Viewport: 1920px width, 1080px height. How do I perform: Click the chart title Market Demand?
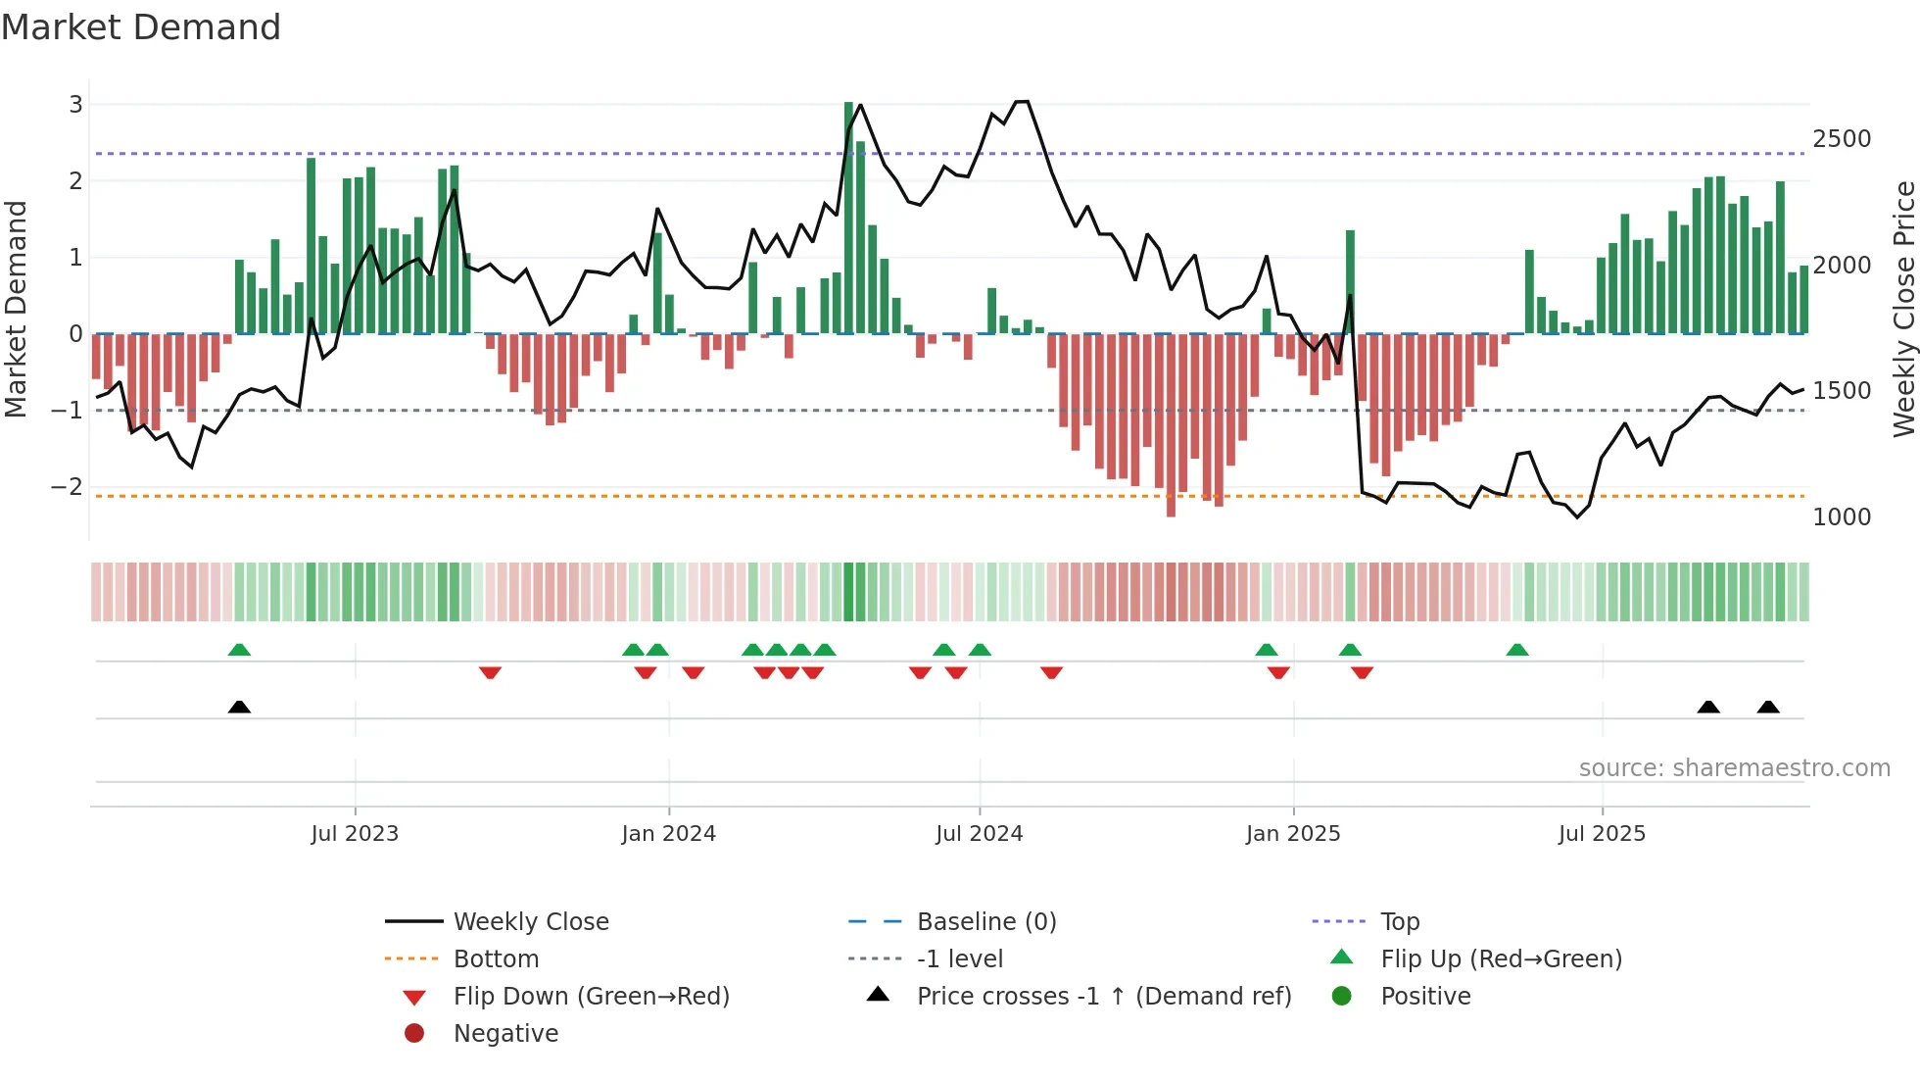pyautogui.click(x=141, y=27)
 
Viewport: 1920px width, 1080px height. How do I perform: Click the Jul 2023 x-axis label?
pyautogui.click(x=355, y=834)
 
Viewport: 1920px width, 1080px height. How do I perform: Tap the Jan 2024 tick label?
pyautogui.click(x=668, y=834)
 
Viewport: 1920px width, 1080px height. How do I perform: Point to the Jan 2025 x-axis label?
pyautogui.click(x=1292, y=834)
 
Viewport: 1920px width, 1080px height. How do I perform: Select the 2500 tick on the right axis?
pyautogui.click(x=1841, y=139)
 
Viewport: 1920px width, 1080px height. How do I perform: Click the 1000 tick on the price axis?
pyautogui.click(x=1841, y=517)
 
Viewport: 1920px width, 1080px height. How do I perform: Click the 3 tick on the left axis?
pyautogui.click(x=75, y=105)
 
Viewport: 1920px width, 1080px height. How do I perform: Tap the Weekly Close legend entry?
pyautogui.click(x=530, y=922)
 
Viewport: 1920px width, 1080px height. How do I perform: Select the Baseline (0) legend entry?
pyautogui.click(x=985, y=922)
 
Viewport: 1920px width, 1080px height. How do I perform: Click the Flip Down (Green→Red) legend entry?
pyautogui.click(x=591, y=997)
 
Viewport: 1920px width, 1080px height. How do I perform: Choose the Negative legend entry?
pyautogui.click(x=505, y=1034)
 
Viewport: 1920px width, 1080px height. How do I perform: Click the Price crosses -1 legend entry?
pyautogui.click(x=1103, y=997)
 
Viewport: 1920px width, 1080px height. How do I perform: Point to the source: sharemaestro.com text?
pyautogui.click(x=1734, y=768)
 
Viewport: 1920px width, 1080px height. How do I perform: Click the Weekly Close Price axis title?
pyautogui.click(x=1903, y=309)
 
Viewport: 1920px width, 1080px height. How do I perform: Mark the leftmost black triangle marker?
pyautogui.click(x=239, y=707)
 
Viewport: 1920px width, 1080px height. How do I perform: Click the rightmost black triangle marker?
pyautogui.click(x=1768, y=707)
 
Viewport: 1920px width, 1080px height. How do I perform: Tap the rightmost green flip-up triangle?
pyautogui.click(x=1517, y=650)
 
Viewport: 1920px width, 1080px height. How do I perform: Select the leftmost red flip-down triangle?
pyautogui.click(x=491, y=672)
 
